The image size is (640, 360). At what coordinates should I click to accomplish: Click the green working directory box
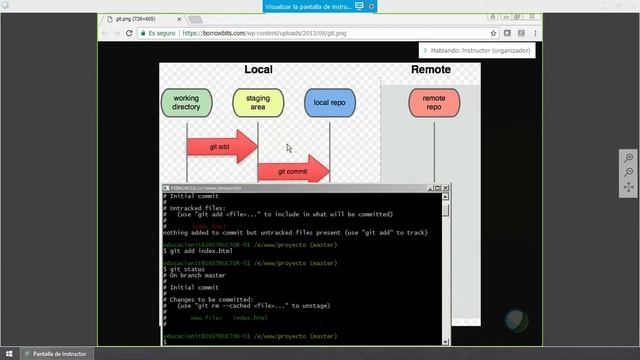186,102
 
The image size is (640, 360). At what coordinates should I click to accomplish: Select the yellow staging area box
258,102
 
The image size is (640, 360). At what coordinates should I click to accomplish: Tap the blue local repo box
329,102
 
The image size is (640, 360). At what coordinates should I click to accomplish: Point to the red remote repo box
433,102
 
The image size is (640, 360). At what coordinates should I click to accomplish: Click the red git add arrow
221,146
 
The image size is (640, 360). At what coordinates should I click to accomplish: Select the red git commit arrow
293,170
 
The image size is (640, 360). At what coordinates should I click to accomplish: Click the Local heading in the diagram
259,70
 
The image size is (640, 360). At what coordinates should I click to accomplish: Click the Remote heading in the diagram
430,70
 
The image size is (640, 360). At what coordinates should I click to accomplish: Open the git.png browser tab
135,19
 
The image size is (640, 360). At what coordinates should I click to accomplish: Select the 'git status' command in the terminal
190,269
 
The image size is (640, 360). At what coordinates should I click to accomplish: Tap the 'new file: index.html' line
229,318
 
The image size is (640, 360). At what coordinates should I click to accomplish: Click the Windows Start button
8,353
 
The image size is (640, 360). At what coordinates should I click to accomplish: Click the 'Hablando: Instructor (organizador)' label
478,50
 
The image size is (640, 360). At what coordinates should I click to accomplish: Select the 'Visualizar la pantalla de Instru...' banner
321,6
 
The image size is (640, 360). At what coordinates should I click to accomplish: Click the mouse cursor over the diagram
289,148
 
